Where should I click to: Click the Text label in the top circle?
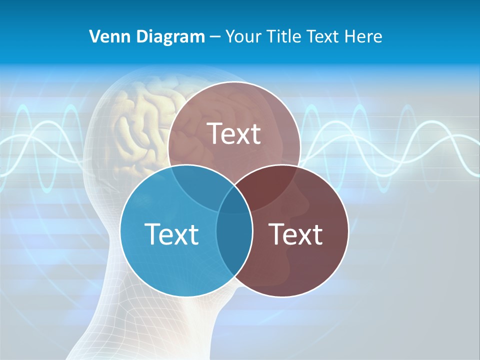pyautogui.click(x=234, y=133)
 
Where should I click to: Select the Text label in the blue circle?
pyautogui.click(x=171, y=233)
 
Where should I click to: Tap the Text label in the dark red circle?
pyautogui.click(x=296, y=233)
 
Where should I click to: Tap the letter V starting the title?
pyautogui.click(x=94, y=36)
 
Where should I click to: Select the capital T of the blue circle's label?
pyautogui.click(x=151, y=233)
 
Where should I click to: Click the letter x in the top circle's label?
pyautogui.click(x=244, y=136)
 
